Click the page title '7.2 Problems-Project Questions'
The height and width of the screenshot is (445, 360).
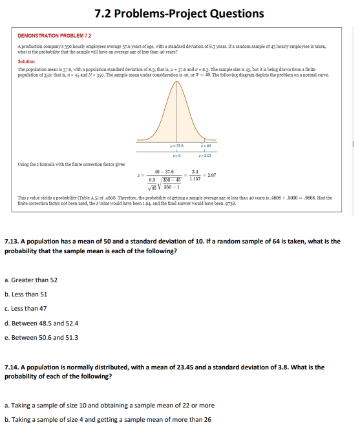(179, 14)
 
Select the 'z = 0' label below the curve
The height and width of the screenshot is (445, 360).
(173, 155)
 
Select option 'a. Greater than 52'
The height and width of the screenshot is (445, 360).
(31, 280)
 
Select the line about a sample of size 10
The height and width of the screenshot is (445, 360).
(110, 406)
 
